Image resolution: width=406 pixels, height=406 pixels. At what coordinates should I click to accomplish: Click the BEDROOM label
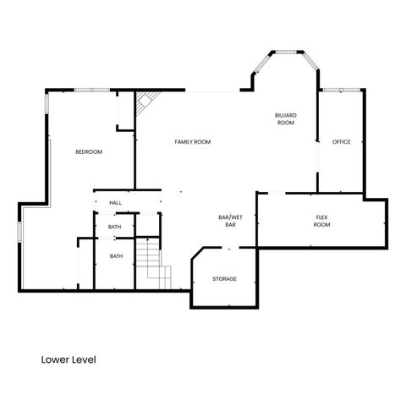pos(89,152)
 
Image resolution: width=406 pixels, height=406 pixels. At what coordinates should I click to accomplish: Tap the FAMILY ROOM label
pos(192,142)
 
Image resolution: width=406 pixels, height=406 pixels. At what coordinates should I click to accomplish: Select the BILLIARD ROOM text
pos(285,118)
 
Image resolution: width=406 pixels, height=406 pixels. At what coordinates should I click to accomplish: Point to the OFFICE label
pos(341,141)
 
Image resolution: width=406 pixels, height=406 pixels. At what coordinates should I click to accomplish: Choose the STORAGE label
pos(224,279)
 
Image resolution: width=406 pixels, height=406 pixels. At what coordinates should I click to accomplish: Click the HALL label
pos(116,203)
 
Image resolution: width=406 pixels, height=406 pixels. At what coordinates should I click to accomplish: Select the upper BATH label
pos(116,227)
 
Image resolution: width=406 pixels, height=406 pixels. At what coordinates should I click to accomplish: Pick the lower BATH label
pos(116,256)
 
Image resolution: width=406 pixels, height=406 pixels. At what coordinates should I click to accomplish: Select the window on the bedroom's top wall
pos(89,90)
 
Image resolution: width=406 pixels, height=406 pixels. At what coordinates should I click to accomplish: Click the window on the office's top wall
pos(341,89)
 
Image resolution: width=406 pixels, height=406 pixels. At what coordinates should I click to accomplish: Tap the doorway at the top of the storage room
pos(227,248)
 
